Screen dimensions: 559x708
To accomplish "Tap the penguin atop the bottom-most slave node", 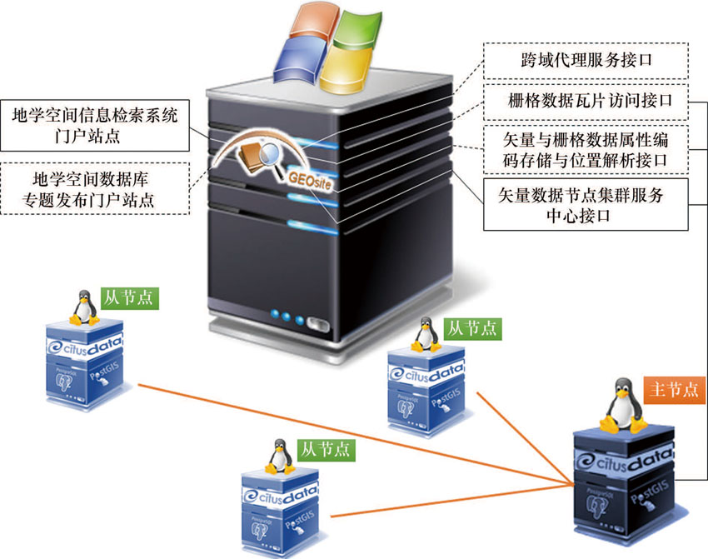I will (280, 457).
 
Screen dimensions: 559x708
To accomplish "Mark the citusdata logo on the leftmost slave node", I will (84, 345).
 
